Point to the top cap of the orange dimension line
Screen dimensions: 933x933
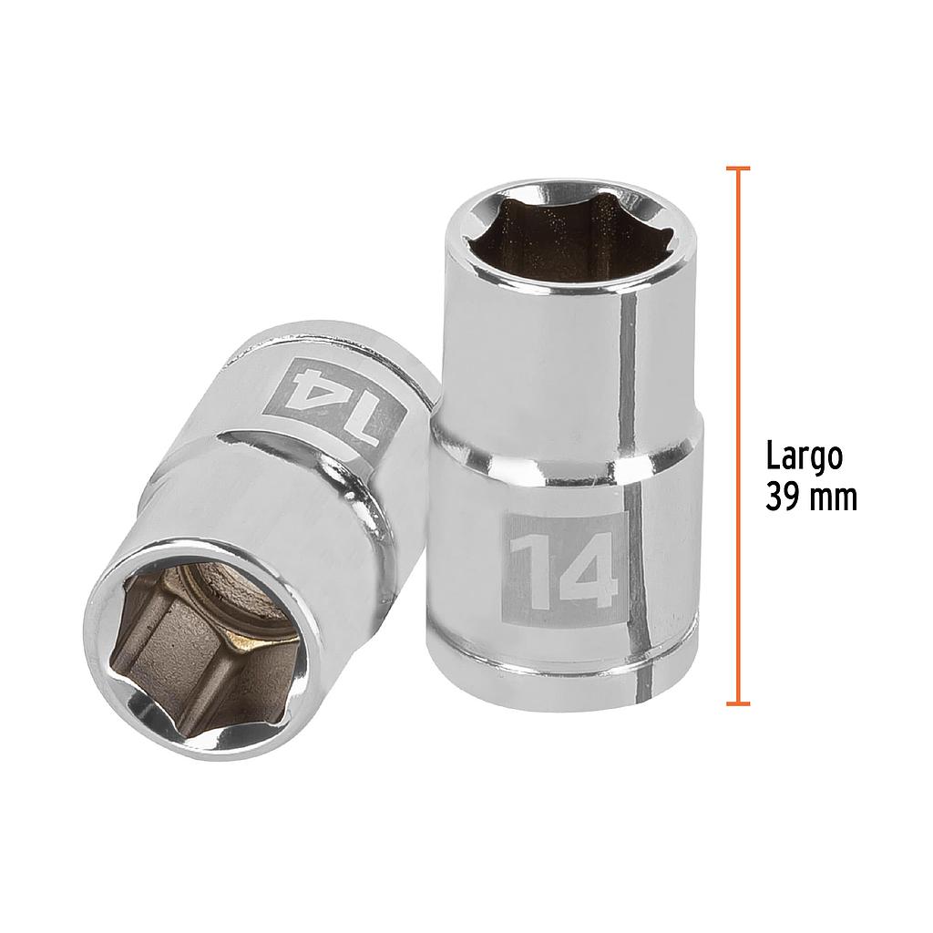(x=738, y=169)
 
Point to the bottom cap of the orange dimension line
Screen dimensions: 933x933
(x=738, y=702)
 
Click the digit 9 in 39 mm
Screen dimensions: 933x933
(x=791, y=498)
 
